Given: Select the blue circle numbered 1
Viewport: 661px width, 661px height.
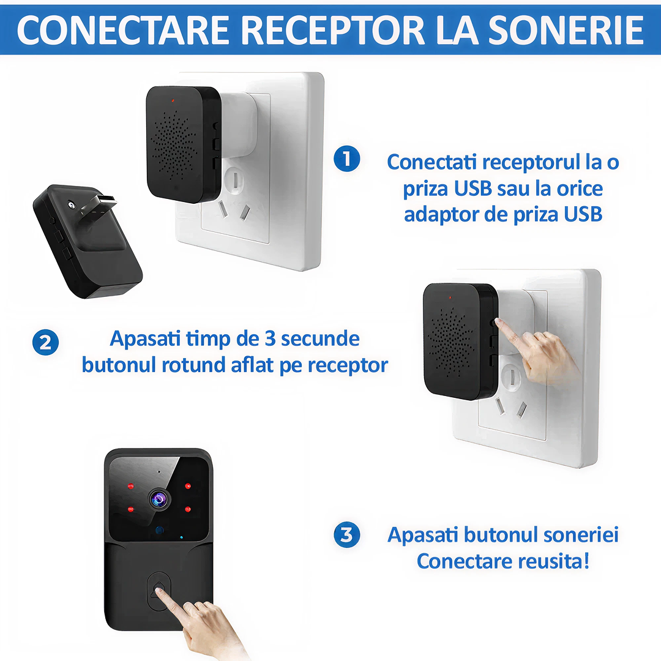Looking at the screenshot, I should point(347,159).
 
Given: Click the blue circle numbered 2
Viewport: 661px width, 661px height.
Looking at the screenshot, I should point(46,343).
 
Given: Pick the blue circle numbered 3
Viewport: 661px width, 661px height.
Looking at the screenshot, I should point(347,535).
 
